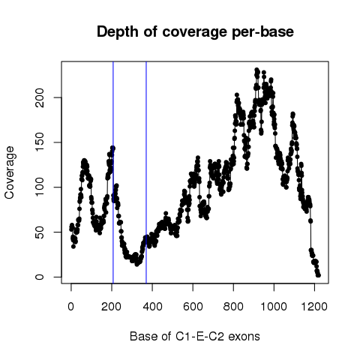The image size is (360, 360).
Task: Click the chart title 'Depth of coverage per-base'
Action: pos(195,32)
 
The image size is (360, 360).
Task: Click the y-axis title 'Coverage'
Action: pos(9,172)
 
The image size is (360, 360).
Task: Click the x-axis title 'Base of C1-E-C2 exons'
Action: pos(195,336)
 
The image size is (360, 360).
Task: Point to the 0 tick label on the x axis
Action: pos(71,306)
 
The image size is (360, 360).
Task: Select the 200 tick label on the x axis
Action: pos(112,306)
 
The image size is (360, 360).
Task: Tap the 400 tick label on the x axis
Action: pos(152,306)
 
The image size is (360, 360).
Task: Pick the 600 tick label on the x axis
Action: pos(193,306)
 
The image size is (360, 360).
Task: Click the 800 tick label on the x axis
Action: pos(233,306)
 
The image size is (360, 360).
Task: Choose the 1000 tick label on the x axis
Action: pos(274,306)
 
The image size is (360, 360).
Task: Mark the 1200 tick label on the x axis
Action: pos(314,306)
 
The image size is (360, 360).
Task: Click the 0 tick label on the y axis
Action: pos(40,277)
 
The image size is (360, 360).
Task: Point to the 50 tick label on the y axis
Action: pos(40,232)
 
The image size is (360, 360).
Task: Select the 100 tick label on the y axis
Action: pos(40,187)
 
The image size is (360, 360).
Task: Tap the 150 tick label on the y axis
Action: pos(40,142)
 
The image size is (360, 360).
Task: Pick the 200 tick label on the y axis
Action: pos(40,97)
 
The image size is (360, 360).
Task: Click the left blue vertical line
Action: pos(113,172)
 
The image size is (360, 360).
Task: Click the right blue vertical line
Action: pos(146,172)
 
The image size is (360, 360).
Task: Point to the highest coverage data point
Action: pos(256,70)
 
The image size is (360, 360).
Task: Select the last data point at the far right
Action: pos(318,275)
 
